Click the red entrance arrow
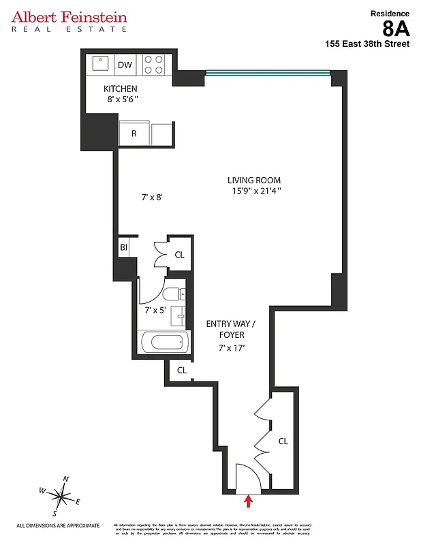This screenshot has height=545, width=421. [248, 501]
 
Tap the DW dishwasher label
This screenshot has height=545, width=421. [125, 65]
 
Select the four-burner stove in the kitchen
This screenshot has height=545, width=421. [153, 65]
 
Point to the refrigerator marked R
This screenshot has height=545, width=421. [134, 134]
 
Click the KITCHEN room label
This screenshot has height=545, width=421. [121, 89]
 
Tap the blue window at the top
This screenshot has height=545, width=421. [268, 73]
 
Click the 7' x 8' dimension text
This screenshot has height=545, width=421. [152, 198]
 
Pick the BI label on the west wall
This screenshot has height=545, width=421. [124, 247]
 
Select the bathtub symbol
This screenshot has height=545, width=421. [164, 341]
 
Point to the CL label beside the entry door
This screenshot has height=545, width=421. [283, 441]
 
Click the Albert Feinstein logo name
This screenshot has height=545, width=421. [69, 16]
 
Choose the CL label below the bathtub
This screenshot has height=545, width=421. [182, 371]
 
